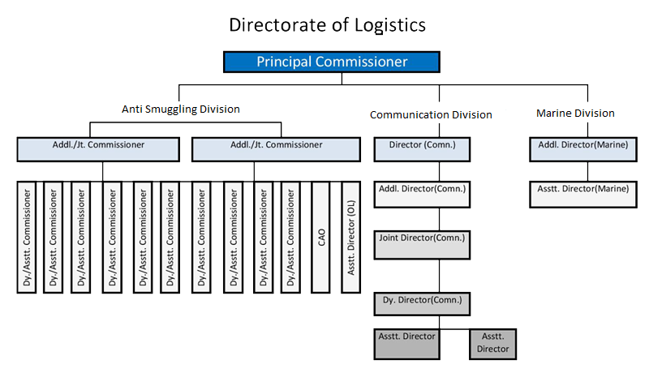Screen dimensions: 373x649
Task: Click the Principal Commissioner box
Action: pos(332,62)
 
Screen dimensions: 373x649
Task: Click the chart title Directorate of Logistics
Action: pos(327,25)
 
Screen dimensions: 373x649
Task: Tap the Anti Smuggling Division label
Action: pos(181,109)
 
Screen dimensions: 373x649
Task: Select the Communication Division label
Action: pos(431,114)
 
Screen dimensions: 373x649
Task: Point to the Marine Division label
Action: pos(575,114)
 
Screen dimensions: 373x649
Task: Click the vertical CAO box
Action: pos(321,237)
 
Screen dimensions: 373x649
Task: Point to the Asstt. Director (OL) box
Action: pos(350,237)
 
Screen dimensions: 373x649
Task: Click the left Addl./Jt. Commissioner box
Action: pos(97,148)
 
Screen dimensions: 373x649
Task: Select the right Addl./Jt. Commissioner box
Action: pos(276,148)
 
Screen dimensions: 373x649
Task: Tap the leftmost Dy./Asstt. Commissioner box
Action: pos(27,237)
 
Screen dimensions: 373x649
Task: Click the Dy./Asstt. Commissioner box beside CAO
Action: pos(291,237)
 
